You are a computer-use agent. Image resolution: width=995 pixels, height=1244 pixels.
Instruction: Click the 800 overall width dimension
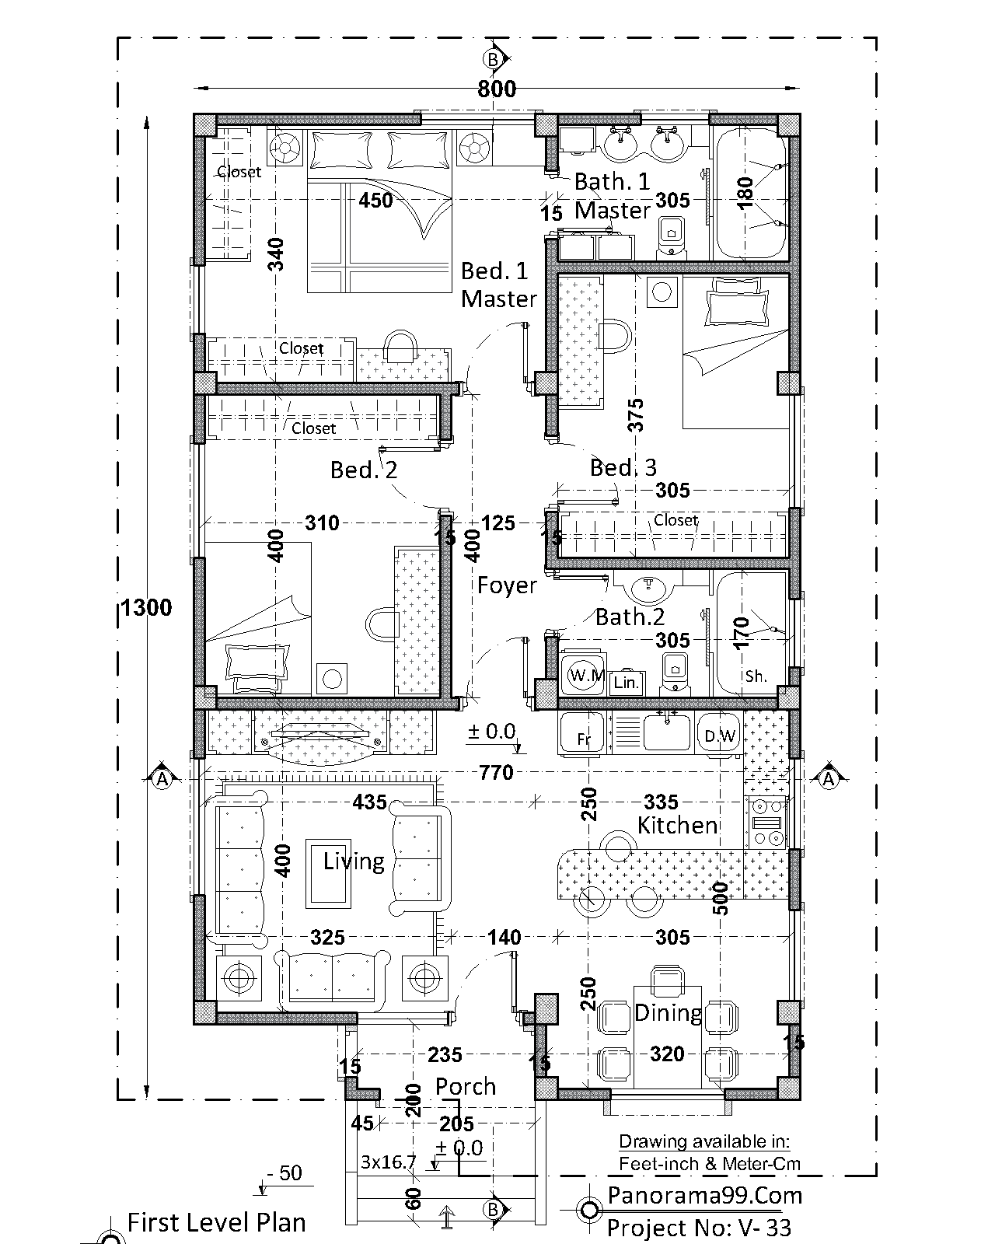[x=497, y=89]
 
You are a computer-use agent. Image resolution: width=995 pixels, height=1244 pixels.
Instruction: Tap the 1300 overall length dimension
[x=146, y=607]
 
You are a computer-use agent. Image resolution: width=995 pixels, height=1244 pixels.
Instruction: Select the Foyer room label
[x=507, y=585]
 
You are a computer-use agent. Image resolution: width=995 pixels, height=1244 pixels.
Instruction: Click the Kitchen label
[x=678, y=825]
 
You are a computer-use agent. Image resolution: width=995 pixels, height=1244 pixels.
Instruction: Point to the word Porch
[x=466, y=1087]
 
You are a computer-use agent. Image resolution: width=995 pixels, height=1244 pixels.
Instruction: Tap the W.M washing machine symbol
[x=583, y=674]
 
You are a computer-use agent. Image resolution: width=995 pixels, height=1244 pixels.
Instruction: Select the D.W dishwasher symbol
[x=718, y=733]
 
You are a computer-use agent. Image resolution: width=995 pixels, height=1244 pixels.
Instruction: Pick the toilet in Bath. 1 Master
[x=671, y=238]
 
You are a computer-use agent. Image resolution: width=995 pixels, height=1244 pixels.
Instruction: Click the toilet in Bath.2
[x=675, y=673]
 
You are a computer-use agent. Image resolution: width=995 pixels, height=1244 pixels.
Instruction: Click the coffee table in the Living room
[x=328, y=873]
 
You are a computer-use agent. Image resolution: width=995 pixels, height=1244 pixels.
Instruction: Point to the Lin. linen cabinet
[x=626, y=683]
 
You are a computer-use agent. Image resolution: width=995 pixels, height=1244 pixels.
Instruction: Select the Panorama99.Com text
[x=705, y=1195]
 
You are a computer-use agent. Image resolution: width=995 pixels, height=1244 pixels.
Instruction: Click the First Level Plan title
[x=216, y=1222]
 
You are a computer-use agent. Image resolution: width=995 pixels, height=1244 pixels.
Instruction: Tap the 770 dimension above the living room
[x=496, y=772]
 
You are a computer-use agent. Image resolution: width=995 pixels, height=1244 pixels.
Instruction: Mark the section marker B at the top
[x=493, y=59]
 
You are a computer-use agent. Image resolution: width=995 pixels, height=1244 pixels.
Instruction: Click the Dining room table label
[x=669, y=1013]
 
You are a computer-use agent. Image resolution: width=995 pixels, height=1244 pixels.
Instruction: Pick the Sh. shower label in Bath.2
[x=756, y=676]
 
